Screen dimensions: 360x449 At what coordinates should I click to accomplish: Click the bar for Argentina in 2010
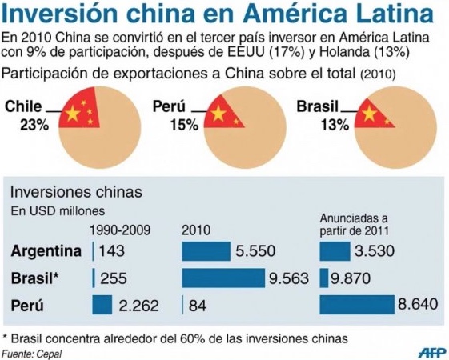pos(206,251)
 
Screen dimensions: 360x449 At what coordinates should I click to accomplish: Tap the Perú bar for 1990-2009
pos(102,305)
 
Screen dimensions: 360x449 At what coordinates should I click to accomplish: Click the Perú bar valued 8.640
pos(357,305)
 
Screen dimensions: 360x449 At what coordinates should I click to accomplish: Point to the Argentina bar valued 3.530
pos(335,251)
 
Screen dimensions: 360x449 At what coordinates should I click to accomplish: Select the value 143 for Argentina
pos(111,251)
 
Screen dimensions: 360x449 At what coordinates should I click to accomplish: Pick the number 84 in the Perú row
pos(198,306)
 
